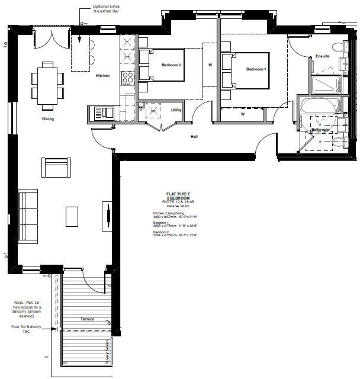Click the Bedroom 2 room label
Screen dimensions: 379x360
(x=171, y=65)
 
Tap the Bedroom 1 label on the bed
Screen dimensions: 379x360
(x=256, y=69)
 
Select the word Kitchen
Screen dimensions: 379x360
(x=103, y=76)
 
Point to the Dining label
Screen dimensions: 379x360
(x=49, y=119)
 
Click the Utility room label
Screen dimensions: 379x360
(x=176, y=110)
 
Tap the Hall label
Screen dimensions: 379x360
(x=194, y=137)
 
